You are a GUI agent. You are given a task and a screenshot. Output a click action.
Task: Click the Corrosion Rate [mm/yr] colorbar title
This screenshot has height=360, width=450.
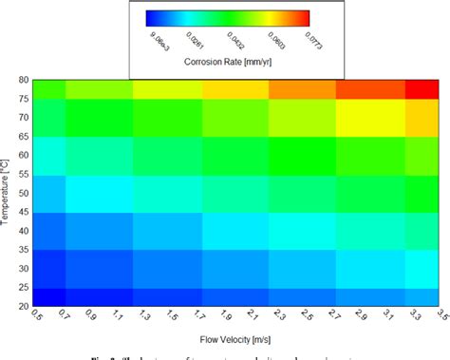pyautogui.click(x=228, y=63)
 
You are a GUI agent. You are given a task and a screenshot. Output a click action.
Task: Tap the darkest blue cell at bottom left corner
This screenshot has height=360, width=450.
pyautogui.click(x=49, y=296)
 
